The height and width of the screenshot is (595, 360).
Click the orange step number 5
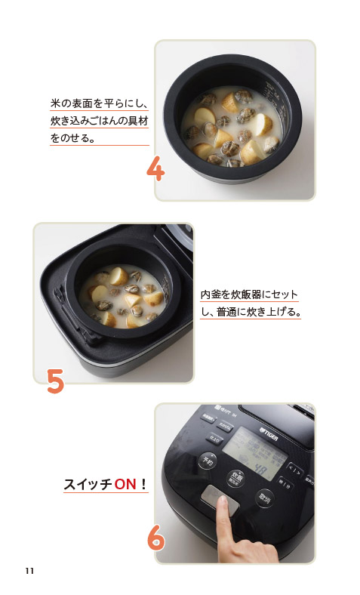pos(54,381)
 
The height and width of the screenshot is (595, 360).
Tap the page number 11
pos(29,569)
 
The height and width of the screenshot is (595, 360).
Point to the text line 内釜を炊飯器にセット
pos(249,294)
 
